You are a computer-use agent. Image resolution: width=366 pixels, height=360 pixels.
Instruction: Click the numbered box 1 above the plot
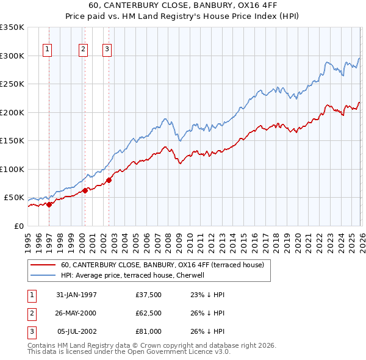pos(47,50)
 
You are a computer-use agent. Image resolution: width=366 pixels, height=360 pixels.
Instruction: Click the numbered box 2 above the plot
pos(83,50)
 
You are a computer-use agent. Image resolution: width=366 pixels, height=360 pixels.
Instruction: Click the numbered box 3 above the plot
pos(107,50)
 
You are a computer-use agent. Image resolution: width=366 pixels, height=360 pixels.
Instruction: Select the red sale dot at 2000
pos(85,190)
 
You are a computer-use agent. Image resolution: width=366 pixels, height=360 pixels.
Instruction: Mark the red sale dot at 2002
pos(109,180)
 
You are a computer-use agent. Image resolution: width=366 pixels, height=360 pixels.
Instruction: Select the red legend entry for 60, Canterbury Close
pos(162,265)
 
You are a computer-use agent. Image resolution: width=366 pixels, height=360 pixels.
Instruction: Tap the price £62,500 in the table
pos(149,313)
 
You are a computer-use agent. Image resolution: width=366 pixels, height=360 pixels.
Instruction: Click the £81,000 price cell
pos(149,331)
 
